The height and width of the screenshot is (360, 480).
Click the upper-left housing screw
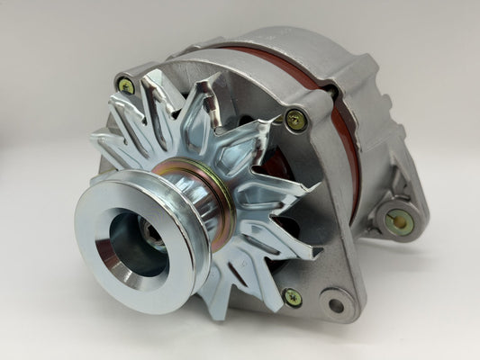point(125,86)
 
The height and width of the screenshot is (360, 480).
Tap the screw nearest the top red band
point(294,117)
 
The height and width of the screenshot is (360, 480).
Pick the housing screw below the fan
point(291,296)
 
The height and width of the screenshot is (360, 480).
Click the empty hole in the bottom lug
point(336,305)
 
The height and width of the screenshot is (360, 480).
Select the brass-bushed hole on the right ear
point(399,221)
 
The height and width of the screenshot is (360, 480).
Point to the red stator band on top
point(297,72)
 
